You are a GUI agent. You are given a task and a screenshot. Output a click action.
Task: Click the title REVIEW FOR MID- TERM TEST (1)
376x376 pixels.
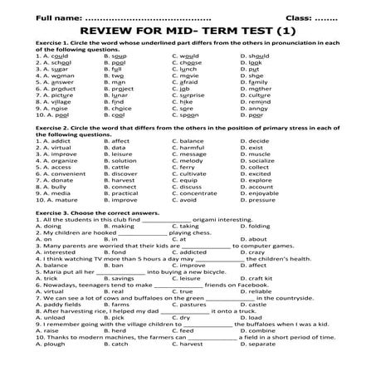(188, 30)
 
